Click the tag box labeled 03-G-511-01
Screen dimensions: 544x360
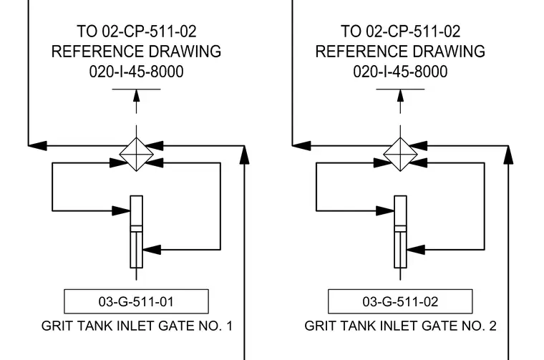pos(136,301)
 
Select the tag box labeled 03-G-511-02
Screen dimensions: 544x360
pos(400,301)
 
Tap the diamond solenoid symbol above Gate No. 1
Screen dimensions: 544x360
pos(136,155)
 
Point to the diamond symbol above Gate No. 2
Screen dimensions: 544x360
pos(400,155)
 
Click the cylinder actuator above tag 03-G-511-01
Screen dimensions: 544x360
pos(136,232)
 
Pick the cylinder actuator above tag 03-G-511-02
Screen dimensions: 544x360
pos(400,232)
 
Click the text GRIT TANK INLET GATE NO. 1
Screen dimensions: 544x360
pos(137,326)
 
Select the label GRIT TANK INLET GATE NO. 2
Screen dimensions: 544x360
pos(400,326)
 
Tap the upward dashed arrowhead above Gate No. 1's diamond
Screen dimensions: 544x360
pos(136,96)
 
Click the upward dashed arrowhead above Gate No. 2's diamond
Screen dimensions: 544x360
pos(400,96)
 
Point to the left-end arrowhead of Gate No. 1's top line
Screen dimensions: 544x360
pos(37,146)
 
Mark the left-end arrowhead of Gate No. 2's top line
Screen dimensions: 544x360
pos(301,146)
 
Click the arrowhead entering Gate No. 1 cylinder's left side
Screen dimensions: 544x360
pos(121,210)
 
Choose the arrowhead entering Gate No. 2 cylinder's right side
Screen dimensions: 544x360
pos(416,249)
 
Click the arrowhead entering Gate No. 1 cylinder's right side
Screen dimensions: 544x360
pos(152,249)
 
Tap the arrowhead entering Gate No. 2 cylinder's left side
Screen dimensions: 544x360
pos(385,210)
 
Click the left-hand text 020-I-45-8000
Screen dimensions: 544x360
pos(136,72)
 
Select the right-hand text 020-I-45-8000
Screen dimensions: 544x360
pos(400,72)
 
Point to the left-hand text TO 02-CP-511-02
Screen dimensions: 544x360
pos(136,31)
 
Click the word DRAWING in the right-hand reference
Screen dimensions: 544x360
pos(449,52)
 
